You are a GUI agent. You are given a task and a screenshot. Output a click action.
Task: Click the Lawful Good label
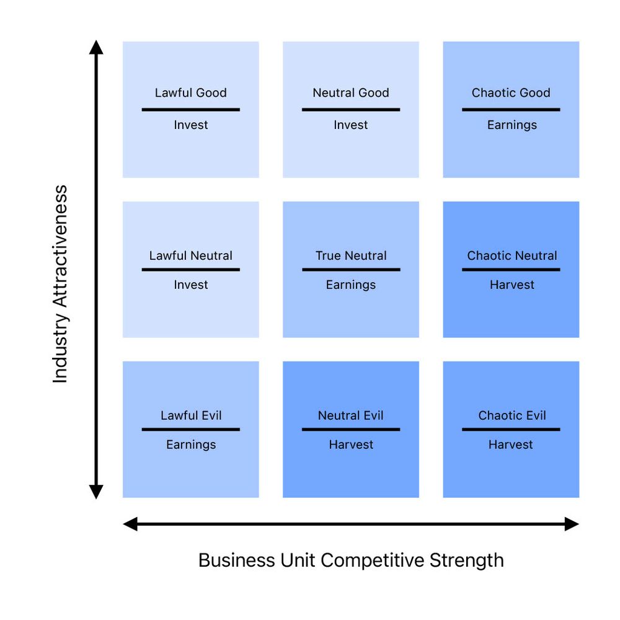click(190, 93)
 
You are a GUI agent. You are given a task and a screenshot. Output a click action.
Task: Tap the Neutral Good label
click(351, 93)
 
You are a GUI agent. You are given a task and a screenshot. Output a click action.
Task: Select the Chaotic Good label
click(511, 93)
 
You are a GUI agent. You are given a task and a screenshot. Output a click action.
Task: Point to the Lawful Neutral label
click(190, 255)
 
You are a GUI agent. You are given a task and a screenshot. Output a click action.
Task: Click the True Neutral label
click(351, 255)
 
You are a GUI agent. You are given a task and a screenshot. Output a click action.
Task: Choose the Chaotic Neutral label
click(511, 255)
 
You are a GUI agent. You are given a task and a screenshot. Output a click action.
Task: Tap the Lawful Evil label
click(190, 415)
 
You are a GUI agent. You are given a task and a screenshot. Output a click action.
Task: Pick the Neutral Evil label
click(351, 415)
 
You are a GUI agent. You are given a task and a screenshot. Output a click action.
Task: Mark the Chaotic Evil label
click(511, 415)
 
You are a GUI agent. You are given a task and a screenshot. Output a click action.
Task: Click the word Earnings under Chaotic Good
click(511, 125)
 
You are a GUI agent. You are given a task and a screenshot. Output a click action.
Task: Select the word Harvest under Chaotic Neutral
click(511, 285)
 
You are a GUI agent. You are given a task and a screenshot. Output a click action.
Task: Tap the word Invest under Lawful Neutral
click(190, 285)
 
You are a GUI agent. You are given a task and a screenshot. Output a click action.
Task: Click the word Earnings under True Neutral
click(351, 285)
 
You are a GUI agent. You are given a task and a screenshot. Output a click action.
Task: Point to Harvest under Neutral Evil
click(351, 445)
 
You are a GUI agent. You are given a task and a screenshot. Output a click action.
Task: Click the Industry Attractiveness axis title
click(60, 284)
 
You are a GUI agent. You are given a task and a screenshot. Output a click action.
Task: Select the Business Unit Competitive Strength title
click(351, 560)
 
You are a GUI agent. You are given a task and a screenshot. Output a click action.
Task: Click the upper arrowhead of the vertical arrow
click(95, 48)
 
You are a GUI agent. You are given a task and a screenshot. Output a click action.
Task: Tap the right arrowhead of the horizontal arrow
click(572, 525)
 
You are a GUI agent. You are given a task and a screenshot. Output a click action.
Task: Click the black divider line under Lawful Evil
click(190, 429)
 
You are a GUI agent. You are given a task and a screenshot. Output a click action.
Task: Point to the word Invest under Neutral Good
click(351, 125)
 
